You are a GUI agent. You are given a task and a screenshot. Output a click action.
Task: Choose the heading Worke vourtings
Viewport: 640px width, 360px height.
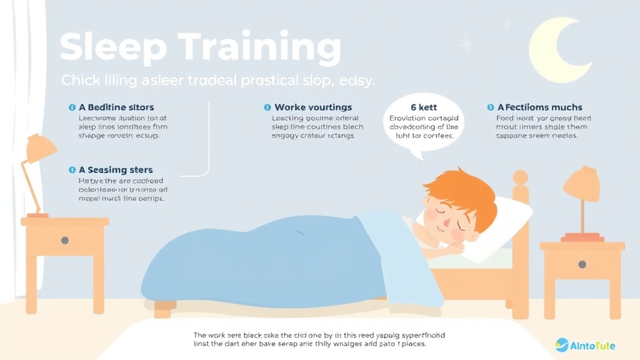tap(313, 107)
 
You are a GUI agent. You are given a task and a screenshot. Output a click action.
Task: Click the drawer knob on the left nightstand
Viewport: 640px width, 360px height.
tap(64, 241)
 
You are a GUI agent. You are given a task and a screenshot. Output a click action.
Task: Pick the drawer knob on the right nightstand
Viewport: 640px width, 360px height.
tap(582, 264)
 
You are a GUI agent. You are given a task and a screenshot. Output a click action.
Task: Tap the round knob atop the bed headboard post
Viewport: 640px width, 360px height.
tap(520, 177)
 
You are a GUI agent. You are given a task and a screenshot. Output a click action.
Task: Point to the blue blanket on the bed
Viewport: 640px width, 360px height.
tap(262, 262)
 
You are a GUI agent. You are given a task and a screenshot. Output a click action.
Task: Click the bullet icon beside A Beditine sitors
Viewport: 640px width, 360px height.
tap(72, 107)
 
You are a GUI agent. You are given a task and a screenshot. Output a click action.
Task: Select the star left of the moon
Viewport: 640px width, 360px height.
tap(466, 44)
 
